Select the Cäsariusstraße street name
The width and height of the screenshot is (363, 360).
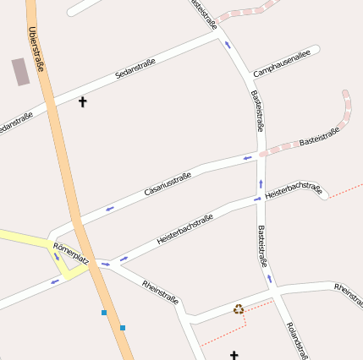(168, 183)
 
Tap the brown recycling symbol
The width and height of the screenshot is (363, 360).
(239, 309)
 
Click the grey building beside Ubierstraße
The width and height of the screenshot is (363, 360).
(20, 71)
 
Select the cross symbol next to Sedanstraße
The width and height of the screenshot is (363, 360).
(83, 102)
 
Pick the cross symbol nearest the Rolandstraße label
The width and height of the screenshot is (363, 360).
(234, 356)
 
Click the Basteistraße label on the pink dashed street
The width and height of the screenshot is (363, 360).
(319, 137)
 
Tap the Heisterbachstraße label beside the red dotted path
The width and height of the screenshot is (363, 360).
(294, 190)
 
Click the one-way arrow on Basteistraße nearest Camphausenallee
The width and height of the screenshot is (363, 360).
(227, 45)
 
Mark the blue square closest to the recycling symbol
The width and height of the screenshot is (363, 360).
(123, 328)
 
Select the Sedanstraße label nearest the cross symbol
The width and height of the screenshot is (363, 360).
(136, 71)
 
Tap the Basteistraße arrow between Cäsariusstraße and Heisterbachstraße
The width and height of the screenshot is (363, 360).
(261, 183)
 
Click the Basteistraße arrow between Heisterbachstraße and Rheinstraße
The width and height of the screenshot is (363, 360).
(270, 276)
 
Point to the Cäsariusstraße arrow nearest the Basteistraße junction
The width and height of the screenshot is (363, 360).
(248, 157)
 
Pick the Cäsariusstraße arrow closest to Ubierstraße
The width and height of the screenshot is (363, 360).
(109, 208)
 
